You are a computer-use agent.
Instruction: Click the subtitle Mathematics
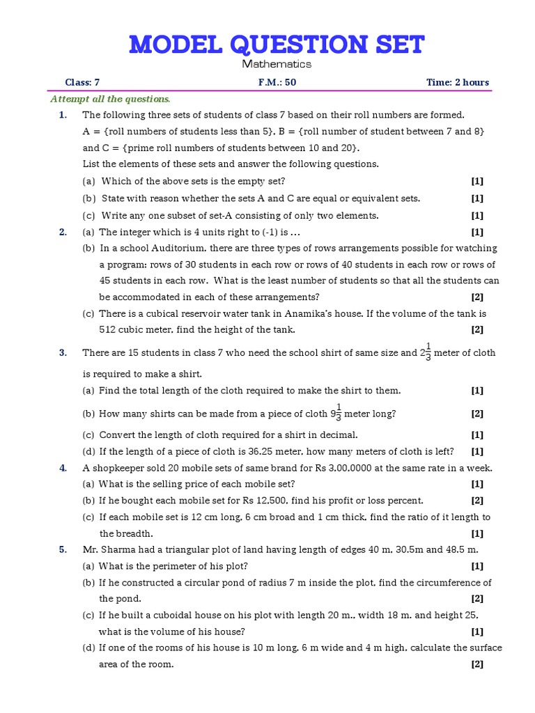pos(277,64)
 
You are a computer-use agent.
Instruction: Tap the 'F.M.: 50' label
pos(277,82)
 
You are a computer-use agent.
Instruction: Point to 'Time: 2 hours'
pos(458,82)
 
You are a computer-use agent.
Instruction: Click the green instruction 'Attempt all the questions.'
pos(110,99)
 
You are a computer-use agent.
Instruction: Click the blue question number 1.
pos(63,115)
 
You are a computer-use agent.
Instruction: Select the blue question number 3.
pos(63,353)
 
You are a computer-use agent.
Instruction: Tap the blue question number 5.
pos(63,549)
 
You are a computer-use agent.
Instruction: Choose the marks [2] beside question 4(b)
pos(477,500)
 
